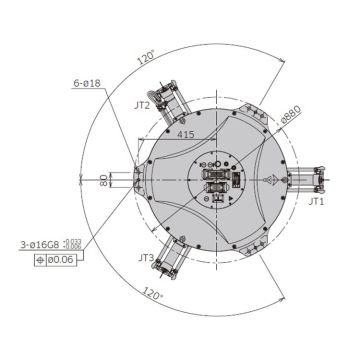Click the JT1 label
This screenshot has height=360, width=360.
click(316, 201)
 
